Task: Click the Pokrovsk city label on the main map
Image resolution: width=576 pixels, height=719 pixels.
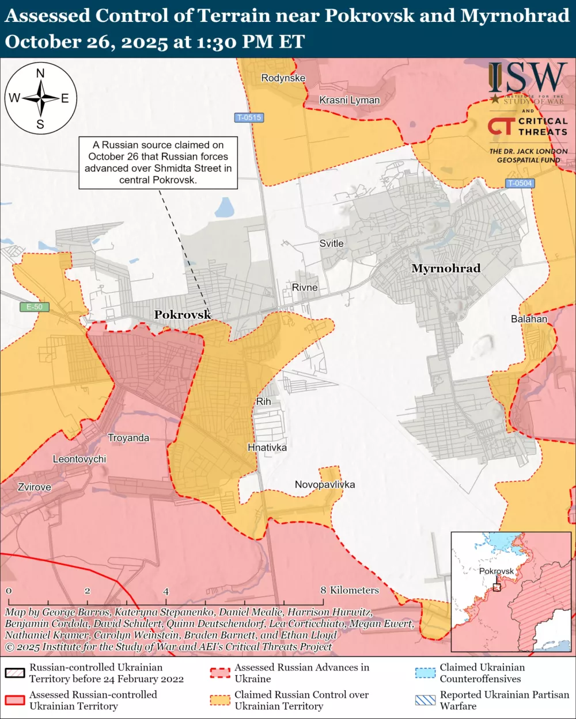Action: coord(182,315)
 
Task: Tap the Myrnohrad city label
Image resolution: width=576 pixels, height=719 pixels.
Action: coord(445,268)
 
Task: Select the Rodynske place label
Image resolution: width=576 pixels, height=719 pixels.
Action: coord(283,78)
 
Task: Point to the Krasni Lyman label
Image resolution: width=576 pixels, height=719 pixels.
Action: coord(350,100)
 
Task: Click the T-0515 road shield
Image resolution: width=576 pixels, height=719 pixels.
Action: coord(249,117)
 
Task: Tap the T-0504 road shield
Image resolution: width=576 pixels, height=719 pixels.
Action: coord(520,183)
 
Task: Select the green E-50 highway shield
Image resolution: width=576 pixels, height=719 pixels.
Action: coord(35,307)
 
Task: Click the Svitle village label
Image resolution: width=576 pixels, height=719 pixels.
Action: coord(331,243)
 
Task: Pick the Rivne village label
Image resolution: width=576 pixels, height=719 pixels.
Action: coord(305,287)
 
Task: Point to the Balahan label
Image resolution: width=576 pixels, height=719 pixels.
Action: coord(529,319)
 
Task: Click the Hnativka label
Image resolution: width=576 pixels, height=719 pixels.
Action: coord(267,447)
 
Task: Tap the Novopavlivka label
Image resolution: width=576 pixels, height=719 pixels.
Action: coord(325,484)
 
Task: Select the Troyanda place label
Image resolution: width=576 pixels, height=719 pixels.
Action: coord(128,438)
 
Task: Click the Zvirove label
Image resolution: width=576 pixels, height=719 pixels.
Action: coord(34,487)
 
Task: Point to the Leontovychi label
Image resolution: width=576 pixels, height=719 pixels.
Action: coord(79,459)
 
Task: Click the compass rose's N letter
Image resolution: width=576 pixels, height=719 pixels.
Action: coord(40,73)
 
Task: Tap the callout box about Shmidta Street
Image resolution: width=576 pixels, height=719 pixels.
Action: coord(158,162)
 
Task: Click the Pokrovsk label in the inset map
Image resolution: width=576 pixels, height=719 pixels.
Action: coord(496,571)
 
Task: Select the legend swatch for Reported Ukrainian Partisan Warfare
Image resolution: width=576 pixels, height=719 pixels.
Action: coord(425,700)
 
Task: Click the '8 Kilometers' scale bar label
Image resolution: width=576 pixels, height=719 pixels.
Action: coord(350,590)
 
